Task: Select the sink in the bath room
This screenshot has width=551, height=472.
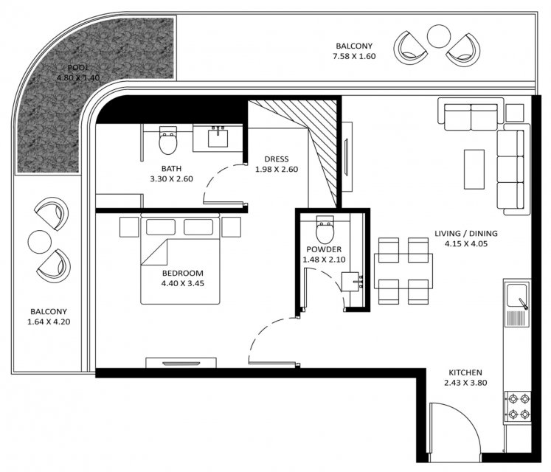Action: tap(218, 136)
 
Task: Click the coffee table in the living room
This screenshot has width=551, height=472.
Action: tap(474, 170)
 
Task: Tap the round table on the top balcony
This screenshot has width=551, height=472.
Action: tap(439, 36)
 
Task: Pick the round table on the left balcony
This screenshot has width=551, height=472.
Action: tap(39, 242)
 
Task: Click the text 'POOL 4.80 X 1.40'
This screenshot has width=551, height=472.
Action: tap(78, 72)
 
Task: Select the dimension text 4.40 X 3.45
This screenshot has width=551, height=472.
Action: tap(182, 283)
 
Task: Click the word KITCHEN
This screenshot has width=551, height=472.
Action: tap(465, 372)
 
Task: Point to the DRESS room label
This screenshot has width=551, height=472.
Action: tap(277, 159)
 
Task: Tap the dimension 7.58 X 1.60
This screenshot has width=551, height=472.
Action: tap(354, 56)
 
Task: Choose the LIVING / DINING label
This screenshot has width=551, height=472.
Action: tap(466, 233)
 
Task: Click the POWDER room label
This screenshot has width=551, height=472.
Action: tap(324, 249)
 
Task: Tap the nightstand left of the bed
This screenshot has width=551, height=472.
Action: tap(129, 227)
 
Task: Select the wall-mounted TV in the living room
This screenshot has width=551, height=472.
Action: tap(347, 157)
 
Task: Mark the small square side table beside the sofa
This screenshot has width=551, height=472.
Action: tap(515, 112)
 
